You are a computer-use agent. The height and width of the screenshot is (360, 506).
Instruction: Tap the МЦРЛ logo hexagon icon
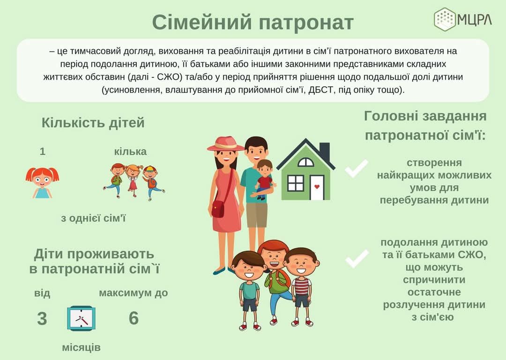[445, 19]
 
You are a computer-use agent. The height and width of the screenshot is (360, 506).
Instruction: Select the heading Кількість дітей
[93, 123]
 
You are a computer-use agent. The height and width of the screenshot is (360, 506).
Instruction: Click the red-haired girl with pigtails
[42, 182]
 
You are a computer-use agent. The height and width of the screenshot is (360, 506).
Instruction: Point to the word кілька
[130, 151]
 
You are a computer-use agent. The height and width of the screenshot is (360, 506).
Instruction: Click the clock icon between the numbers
[82, 318]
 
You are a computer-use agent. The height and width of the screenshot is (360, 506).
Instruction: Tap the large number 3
[42, 319]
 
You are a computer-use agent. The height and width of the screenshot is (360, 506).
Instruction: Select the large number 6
[134, 318]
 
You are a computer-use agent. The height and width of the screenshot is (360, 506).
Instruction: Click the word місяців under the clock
[82, 348]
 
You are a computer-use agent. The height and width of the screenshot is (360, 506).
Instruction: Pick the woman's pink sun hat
[226, 144]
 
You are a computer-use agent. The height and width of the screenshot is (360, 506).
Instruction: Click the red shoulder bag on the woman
[218, 209]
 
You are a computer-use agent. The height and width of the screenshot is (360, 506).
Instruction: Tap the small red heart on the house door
[317, 187]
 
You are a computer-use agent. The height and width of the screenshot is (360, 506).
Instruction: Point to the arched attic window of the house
[305, 162]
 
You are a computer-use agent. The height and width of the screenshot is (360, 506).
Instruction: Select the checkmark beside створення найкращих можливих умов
[356, 168]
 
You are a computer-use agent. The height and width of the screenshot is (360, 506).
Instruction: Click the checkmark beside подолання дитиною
[357, 258]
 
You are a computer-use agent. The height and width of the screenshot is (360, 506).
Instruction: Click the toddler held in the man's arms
[264, 179]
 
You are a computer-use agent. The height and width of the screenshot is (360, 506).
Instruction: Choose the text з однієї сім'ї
[93, 218]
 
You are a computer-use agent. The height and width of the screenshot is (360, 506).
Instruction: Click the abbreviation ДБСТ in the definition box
[320, 90]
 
